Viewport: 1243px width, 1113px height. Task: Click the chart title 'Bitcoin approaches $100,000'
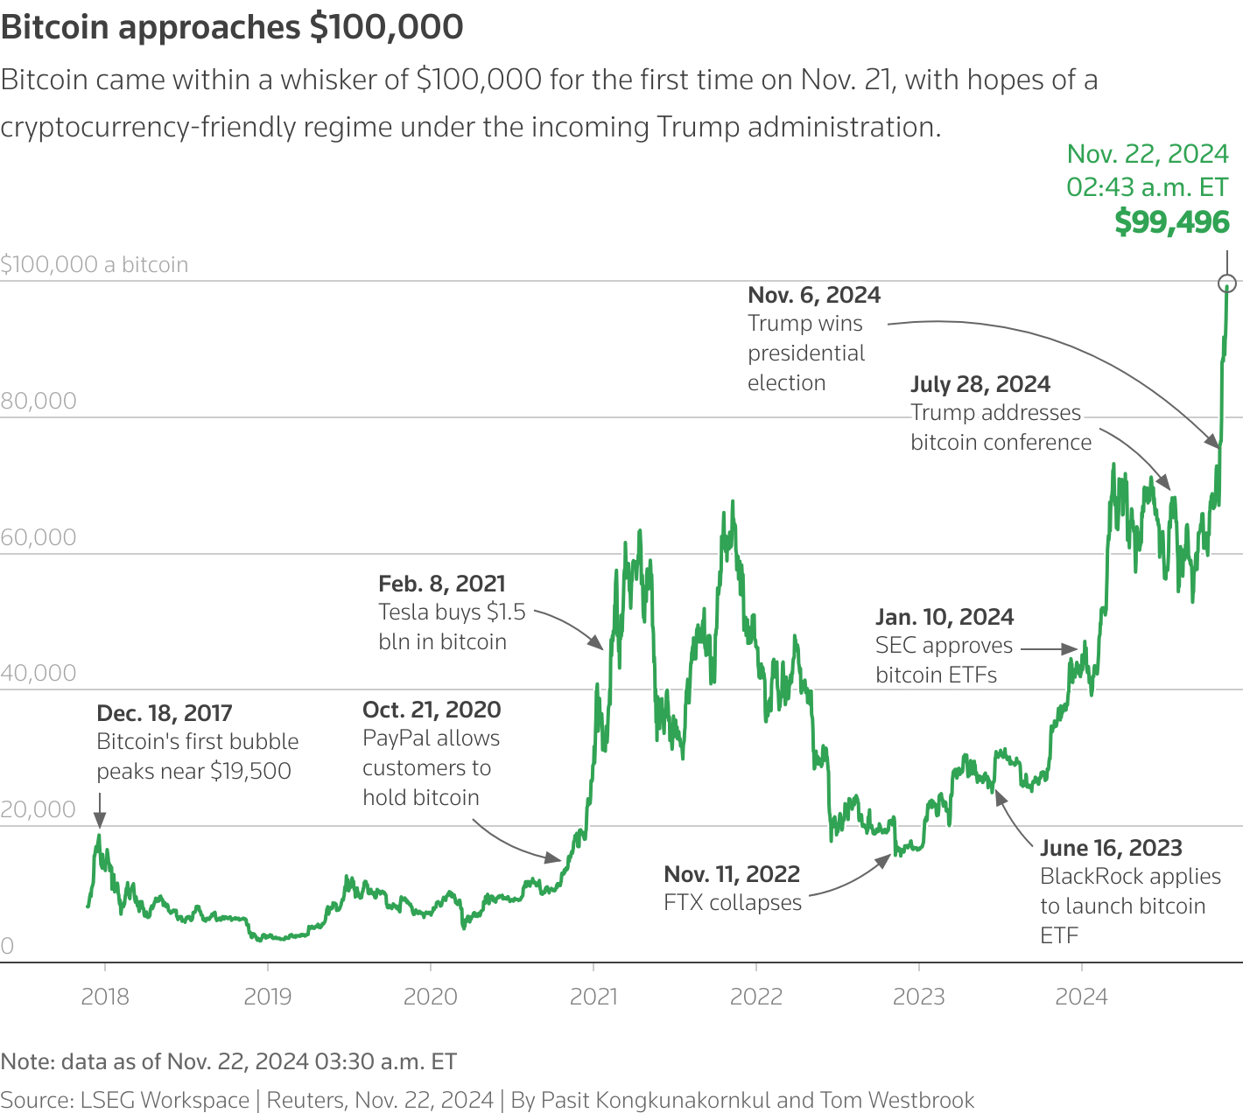pos(232,27)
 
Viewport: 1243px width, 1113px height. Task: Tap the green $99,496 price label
pos(1172,222)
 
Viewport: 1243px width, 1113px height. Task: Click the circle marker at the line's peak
pos(1227,283)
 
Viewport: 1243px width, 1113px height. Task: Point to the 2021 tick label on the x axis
pos(593,997)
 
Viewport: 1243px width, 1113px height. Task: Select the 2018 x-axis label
pos(105,997)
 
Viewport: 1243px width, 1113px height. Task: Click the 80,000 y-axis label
pos(39,401)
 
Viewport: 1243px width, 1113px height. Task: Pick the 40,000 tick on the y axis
pos(39,673)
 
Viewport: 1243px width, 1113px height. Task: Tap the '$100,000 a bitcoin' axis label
pos(95,264)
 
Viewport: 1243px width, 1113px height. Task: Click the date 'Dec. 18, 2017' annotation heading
pos(165,713)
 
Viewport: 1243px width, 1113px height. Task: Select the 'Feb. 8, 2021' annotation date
pos(442,584)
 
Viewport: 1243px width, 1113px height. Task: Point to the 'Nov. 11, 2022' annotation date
pos(732,874)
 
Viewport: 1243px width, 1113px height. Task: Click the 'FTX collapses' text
pos(733,903)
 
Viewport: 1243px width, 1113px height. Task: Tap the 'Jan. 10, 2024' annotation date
pos(945,617)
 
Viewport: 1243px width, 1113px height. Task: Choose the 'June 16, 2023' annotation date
pos(1111,848)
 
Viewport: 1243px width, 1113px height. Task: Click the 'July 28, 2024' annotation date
pos(980,384)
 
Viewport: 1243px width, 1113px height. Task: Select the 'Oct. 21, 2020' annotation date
pos(432,710)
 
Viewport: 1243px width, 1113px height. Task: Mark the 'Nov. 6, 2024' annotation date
pos(814,295)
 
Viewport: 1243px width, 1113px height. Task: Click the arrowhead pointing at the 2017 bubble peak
pos(100,820)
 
